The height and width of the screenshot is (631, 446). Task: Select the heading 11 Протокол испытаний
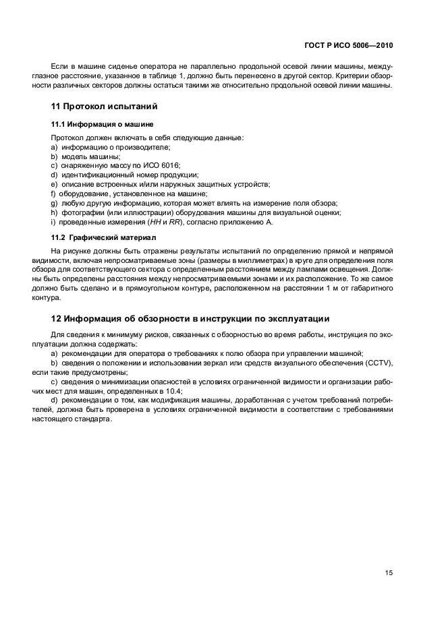105,107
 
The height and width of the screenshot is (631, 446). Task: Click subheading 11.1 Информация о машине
103,124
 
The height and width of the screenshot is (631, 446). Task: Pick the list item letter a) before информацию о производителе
55,147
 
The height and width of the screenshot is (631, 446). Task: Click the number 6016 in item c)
171,165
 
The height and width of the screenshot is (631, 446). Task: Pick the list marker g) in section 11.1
55,203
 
